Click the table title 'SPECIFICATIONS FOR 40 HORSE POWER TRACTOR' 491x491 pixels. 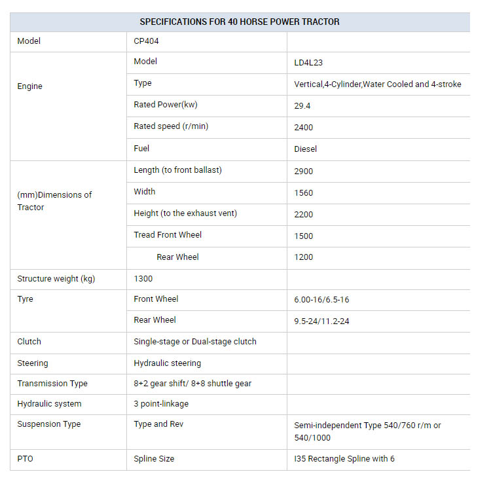(x=240, y=22)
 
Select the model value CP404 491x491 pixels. (x=146, y=41)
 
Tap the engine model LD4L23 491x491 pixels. (x=308, y=63)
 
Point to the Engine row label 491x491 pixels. (x=29, y=86)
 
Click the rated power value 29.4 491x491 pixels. (x=302, y=105)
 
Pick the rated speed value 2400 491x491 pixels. (x=304, y=127)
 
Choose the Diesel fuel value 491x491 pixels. (x=305, y=149)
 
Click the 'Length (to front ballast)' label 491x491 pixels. (x=177, y=170)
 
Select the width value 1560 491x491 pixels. (x=304, y=192)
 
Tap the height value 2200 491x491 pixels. (x=304, y=214)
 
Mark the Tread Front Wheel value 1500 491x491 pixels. (x=304, y=236)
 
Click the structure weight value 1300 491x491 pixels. (x=143, y=278)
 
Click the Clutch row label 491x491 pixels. (x=29, y=341)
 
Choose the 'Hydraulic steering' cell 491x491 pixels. (x=167, y=363)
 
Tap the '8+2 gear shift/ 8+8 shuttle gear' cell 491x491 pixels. (x=192, y=383)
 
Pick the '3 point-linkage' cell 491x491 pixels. (x=160, y=404)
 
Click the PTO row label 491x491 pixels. (x=25, y=459)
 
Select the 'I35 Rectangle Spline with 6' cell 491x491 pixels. (x=344, y=459)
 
